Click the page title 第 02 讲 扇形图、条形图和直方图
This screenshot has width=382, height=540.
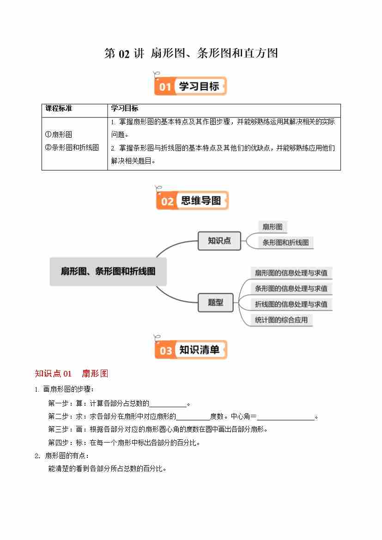point(191,54)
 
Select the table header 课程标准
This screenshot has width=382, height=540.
point(59,109)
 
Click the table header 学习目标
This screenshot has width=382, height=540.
point(125,109)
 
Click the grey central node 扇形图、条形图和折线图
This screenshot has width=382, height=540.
point(108,271)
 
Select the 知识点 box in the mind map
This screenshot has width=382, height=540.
point(219,241)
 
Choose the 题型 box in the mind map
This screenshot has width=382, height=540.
point(216,303)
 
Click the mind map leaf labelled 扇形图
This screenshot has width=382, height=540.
point(272,226)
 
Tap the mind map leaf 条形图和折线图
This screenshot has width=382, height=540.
point(285,242)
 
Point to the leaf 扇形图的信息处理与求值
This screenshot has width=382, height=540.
point(291,273)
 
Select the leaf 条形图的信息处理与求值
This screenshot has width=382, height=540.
point(291,288)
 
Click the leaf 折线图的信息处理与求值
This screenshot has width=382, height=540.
point(291,304)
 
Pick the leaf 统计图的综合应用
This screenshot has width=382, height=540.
point(281,320)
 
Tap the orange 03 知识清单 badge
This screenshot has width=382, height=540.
point(191,350)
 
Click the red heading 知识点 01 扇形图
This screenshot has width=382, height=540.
point(72,374)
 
